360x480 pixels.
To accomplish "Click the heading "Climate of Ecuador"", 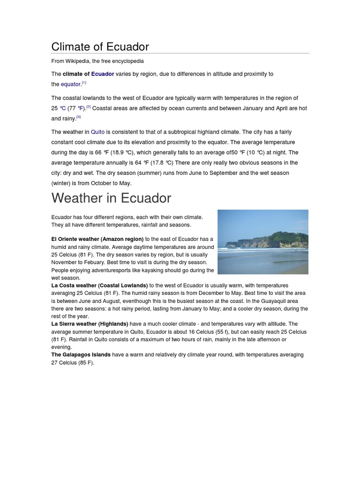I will (x=100, y=47).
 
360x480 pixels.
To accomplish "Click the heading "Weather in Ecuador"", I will (x=111, y=198).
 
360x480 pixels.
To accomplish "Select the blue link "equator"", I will (x=71, y=84).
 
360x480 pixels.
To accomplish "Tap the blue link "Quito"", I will (x=97, y=132).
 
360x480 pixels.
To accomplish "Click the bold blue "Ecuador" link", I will (x=103, y=74).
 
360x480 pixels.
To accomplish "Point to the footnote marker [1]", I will (x=84, y=83).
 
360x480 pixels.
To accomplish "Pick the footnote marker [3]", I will (x=79, y=117).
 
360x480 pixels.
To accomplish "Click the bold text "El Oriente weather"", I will (x=75, y=239).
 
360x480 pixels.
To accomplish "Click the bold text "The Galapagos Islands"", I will (x=81, y=355).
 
